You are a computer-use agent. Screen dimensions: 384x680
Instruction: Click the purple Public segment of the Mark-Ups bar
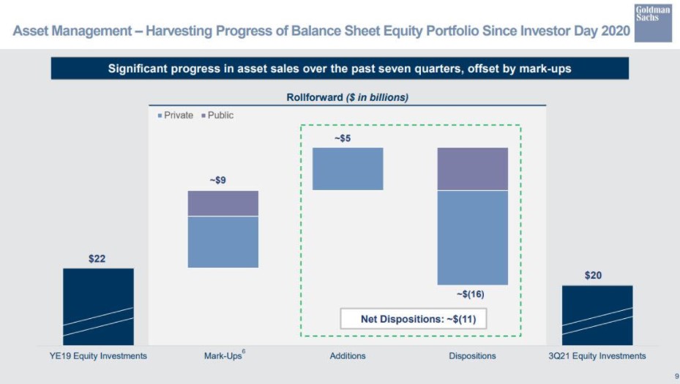pyautogui.click(x=223, y=203)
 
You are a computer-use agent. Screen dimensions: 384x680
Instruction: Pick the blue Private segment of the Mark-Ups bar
pyautogui.click(x=223, y=241)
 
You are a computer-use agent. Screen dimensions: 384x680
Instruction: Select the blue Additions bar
pyautogui.click(x=348, y=168)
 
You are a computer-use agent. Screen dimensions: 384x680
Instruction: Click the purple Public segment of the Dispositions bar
pyautogui.click(x=472, y=168)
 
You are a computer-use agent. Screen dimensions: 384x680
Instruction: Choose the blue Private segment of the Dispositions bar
pyautogui.click(x=472, y=237)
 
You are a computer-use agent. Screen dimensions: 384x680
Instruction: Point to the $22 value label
pyautogui.click(x=98, y=259)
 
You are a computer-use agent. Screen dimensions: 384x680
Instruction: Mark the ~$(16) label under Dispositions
pyautogui.click(x=470, y=294)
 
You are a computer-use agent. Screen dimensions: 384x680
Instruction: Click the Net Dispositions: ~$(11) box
pyautogui.click(x=413, y=319)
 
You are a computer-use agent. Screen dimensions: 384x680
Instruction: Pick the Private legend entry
pyautogui.click(x=176, y=116)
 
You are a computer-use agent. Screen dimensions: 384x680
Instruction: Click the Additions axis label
pyautogui.click(x=348, y=356)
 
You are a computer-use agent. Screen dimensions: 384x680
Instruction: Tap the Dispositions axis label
pyautogui.click(x=472, y=356)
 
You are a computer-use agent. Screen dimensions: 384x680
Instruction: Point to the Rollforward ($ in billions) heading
pyautogui.click(x=347, y=97)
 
